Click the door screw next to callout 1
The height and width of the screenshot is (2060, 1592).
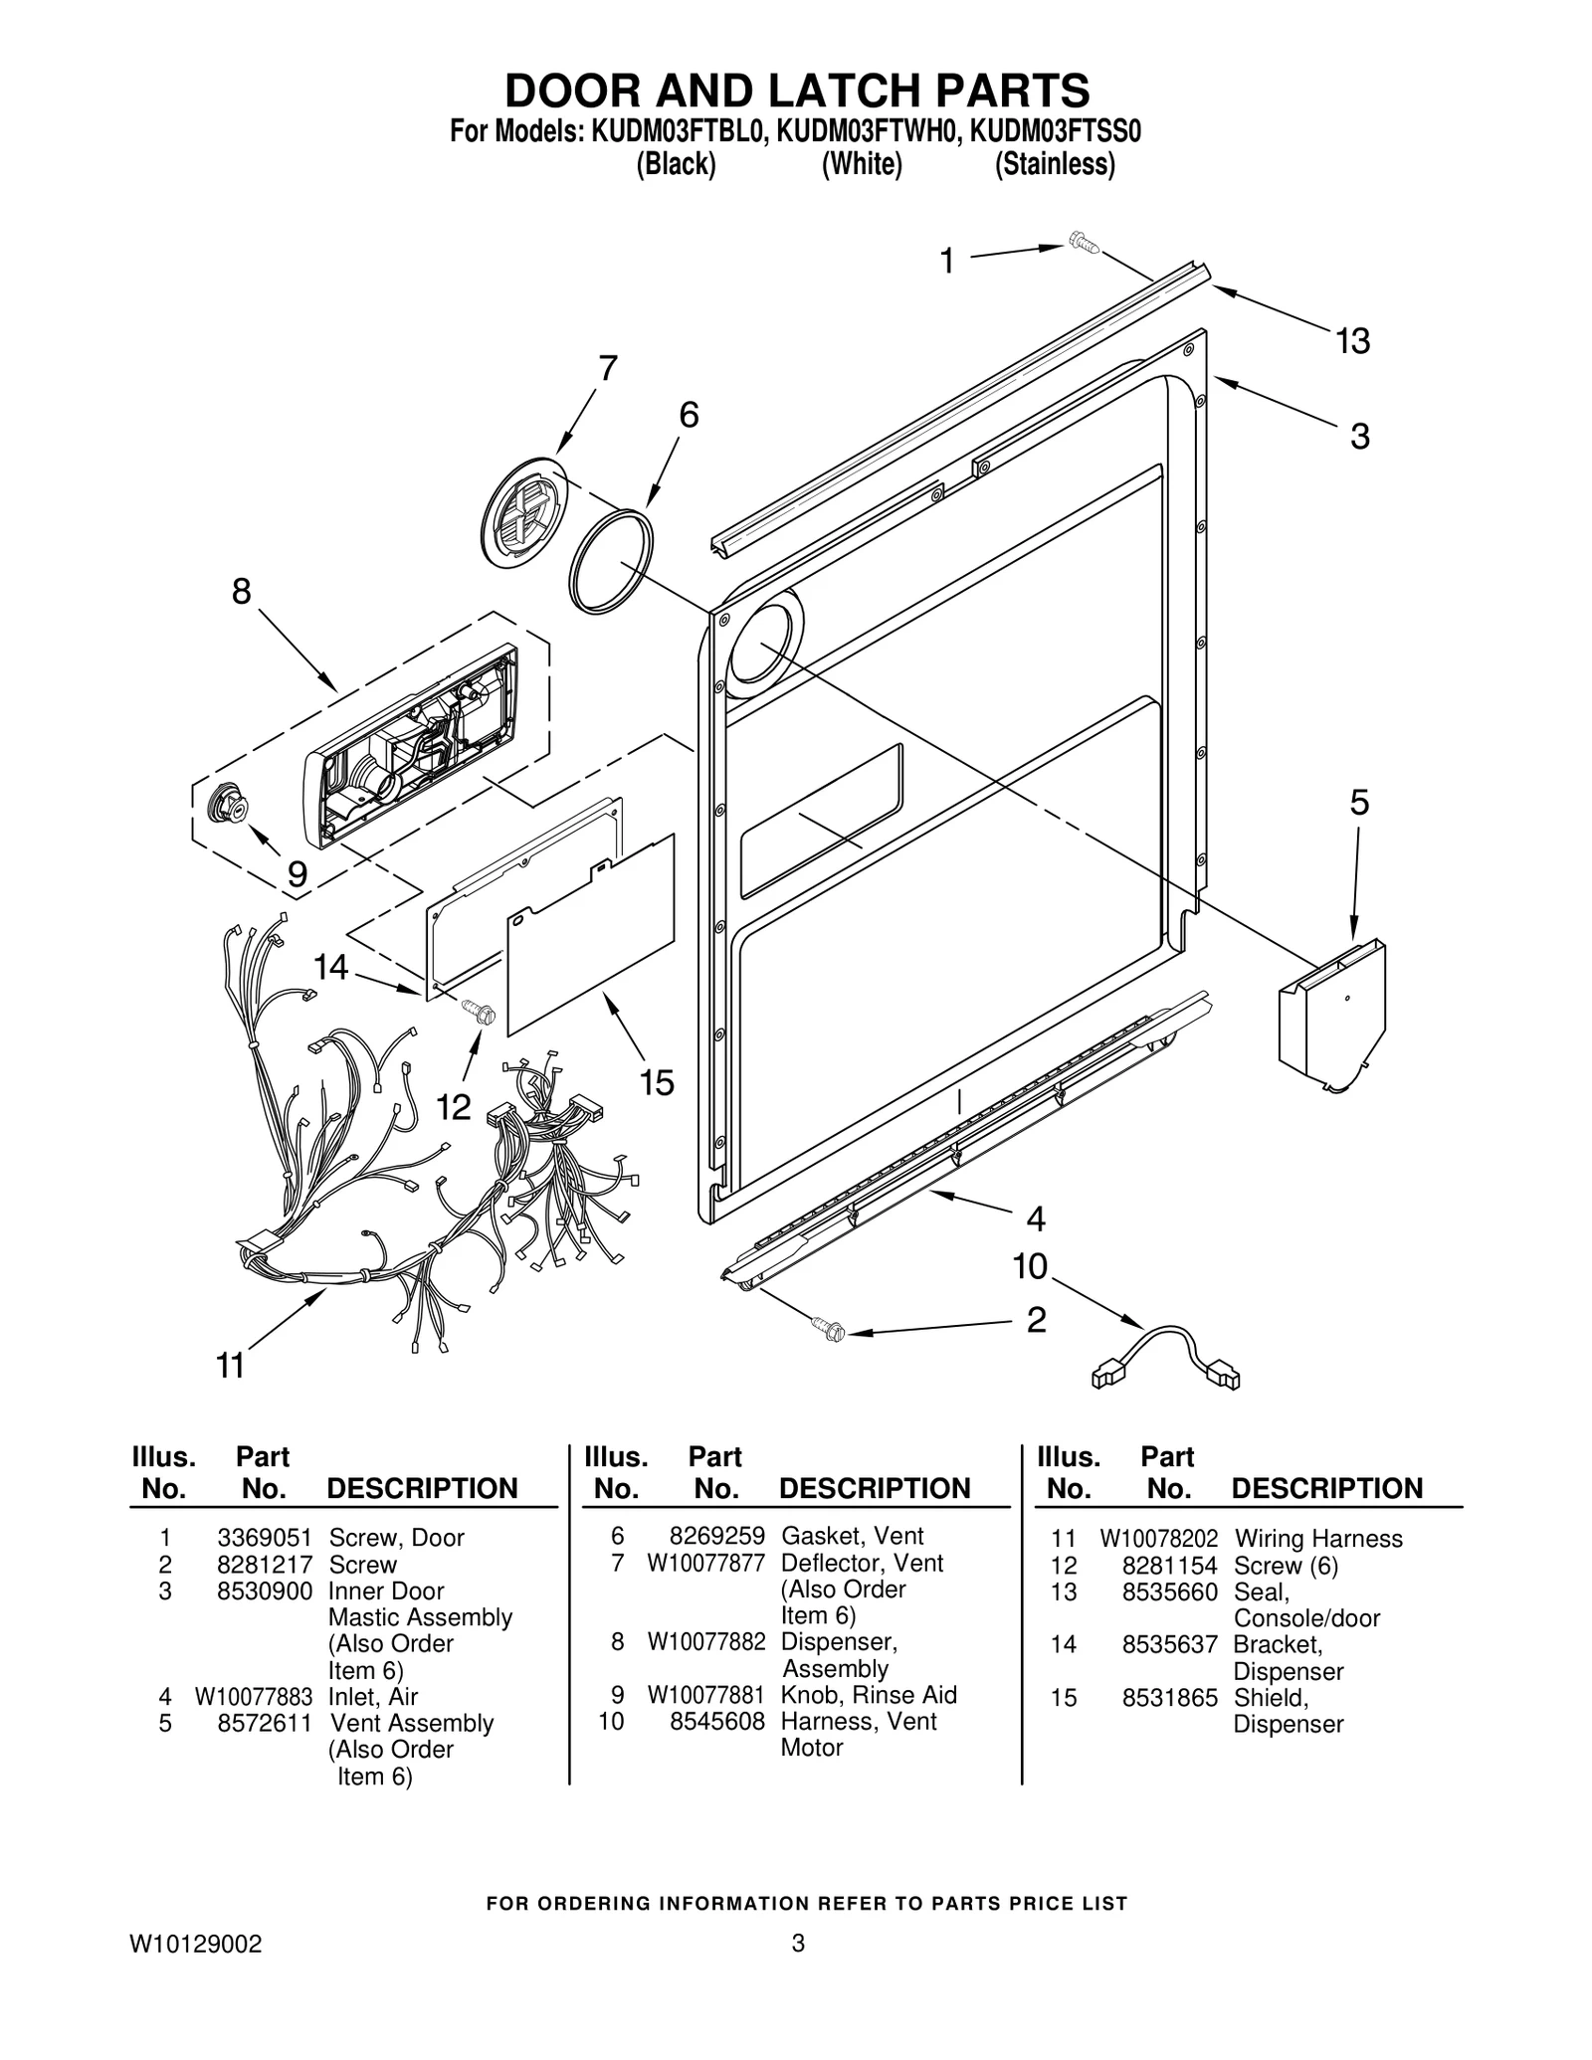coord(1080,242)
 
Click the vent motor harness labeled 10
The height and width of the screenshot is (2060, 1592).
coord(1166,1355)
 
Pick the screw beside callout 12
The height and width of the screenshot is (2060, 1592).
coord(479,1012)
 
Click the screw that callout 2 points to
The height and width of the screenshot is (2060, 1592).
coord(828,1326)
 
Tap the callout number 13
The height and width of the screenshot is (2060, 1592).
coord(1352,341)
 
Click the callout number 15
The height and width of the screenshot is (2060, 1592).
coord(657,1082)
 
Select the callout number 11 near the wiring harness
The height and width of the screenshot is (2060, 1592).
coord(230,1366)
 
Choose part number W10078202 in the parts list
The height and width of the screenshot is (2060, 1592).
coord(1158,1539)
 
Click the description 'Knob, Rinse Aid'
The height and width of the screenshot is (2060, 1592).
coord(868,1695)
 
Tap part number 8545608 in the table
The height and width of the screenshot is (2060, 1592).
coord(716,1721)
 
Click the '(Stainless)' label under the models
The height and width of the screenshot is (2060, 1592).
coord(1055,164)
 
